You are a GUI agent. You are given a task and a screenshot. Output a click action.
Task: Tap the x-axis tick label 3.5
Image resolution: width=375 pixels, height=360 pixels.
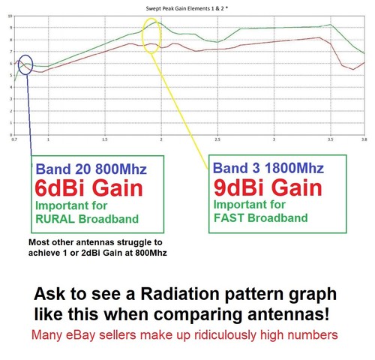(331, 139)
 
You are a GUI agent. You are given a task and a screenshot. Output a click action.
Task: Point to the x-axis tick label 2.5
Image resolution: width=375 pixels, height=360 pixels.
(217, 139)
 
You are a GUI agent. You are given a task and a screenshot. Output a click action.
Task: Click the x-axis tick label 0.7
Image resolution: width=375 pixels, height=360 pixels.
(14, 139)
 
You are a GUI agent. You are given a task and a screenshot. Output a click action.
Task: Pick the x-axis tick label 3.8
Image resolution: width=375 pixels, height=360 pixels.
(364, 139)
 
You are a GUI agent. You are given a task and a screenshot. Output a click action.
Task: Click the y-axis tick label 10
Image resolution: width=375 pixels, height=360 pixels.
(8, 16)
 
